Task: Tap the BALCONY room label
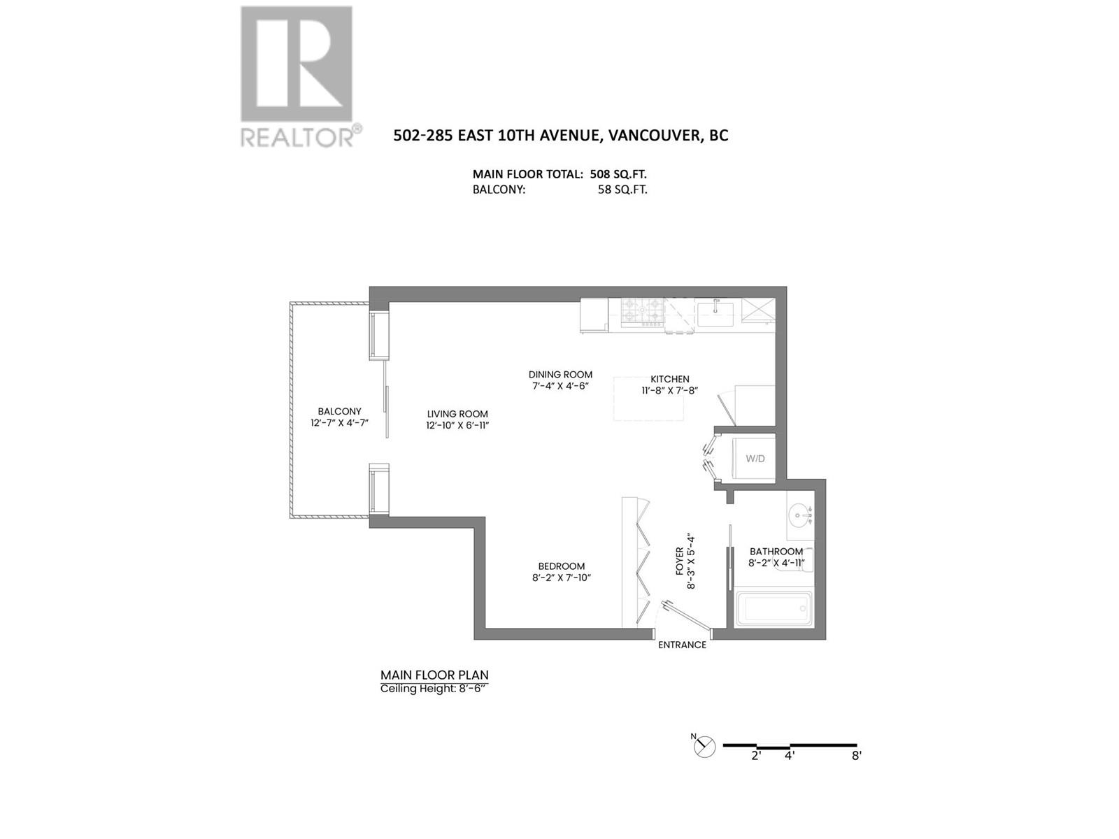pyautogui.click(x=339, y=412)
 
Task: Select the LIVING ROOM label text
pyautogui.click(x=457, y=414)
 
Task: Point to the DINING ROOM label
pyautogui.click(x=560, y=375)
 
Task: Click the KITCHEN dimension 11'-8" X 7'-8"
pyautogui.click(x=669, y=391)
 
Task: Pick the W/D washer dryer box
pyautogui.click(x=754, y=459)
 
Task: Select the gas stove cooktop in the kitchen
pyautogui.click(x=643, y=313)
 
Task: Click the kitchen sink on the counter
pyautogui.click(x=715, y=313)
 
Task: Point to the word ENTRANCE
pyautogui.click(x=682, y=645)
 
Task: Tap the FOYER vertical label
pyautogui.click(x=685, y=561)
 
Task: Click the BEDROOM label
pyautogui.click(x=561, y=566)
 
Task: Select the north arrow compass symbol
pyautogui.click(x=704, y=746)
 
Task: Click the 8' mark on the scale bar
pyautogui.click(x=857, y=756)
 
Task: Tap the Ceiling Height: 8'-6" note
pyautogui.click(x=433, y=689)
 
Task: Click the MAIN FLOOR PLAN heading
pyautogui.click(x=434, y=675)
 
